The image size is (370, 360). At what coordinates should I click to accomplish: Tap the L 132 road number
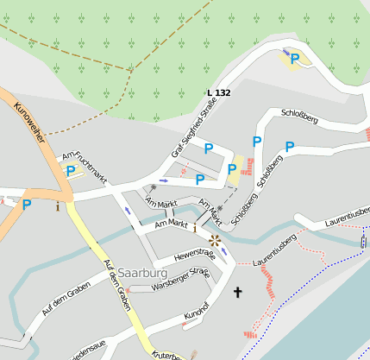[x=219, y=92]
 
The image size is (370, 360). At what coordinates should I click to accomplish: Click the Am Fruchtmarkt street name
[x=84, y=168]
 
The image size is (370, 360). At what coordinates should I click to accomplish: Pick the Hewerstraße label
[x=194, y=255]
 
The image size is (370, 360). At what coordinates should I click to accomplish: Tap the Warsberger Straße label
[x=180, y=279]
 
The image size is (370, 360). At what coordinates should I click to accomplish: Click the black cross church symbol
[x=238, y=294]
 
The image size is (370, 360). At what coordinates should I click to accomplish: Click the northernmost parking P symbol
[x=294, y=59]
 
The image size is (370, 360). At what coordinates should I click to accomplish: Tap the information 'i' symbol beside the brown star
[x=195, y=228]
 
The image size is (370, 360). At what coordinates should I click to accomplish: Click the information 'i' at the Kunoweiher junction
[x=58, y=206]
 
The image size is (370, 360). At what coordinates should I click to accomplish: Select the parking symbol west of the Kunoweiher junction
[x=27, y=205]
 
